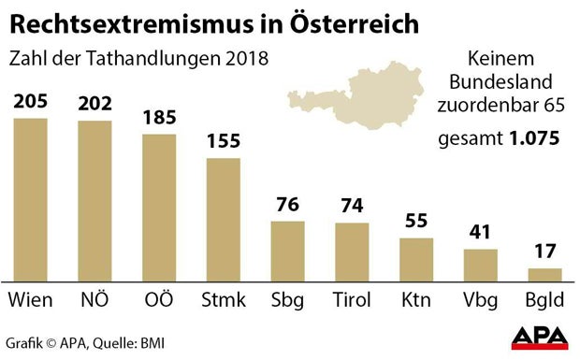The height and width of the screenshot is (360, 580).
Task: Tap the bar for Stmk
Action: pyautogui.click(x=223, y=219)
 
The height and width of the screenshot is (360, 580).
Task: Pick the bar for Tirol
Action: pyautogui.click(x=352, y=252)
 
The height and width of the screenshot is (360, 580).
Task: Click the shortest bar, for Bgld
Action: pyautogui.click(x=544, y=275)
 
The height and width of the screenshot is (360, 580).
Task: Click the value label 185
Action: pyautogui.click(x=159, y=119)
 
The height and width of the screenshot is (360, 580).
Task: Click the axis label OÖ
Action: pyautogui.click(x=159, y=300)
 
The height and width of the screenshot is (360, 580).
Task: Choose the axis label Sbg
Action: pyautogui.click(x=287, y=301)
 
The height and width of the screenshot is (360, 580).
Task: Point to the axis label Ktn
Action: pyautogui.click(x=416, y=300)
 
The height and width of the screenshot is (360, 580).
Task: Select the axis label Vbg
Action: pyautogui.click(x=481, y=301)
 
